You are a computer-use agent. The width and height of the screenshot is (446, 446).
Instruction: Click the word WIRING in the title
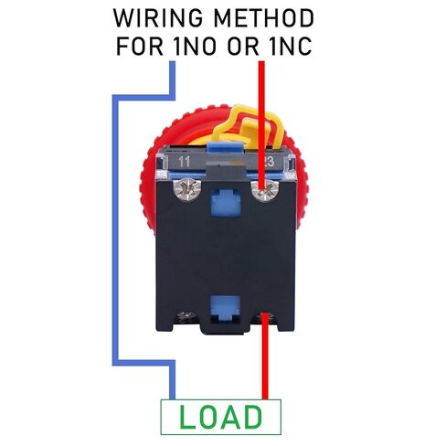pyautogui.click(x=158, y=18)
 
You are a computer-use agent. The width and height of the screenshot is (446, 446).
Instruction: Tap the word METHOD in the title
pyautogui.click(x=264, y=18)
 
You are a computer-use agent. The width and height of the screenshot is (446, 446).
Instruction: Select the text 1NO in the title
pyautogui.click(x=195, y=46)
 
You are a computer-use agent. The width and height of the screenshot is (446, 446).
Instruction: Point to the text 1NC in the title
pyautogui.click(x=291, y=46)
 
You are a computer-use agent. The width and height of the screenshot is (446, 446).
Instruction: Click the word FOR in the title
pyautogui.click(x=140, y=46)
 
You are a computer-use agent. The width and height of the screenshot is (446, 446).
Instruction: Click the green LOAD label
pyautogui.click(x=220, y=417)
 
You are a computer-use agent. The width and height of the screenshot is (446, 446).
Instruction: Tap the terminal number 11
pyautogui.click(x=185, y=162)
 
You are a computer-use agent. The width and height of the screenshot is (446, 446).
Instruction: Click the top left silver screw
pyautogui.click(x=185, y=190)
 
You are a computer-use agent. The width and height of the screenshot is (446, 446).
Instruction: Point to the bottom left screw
pyautogui.click(x=185, y=315)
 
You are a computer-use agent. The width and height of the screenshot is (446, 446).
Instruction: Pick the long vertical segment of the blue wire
pyautogui.click(x=115, y=230)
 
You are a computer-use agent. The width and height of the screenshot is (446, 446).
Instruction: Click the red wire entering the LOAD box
pyautogui.click(x=265, y=356)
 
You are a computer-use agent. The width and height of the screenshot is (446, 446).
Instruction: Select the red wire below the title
pyautogui.click(x=261, y=125)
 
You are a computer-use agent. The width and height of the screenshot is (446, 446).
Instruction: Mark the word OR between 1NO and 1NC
pyautogui.click(x=244, y=46)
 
